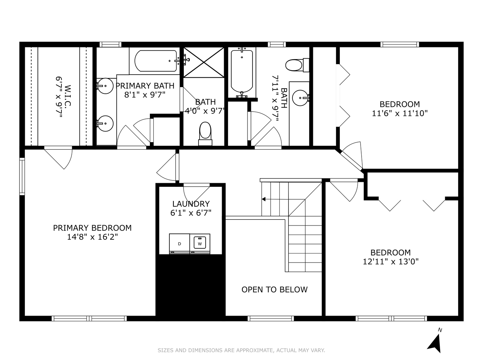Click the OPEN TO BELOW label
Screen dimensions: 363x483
pos(274,289)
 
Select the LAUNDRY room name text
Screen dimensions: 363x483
pos(191,204)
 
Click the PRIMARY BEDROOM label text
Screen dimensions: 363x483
pos(92,228)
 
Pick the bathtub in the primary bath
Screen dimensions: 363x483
pos(156,61)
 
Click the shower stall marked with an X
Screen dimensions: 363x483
pos(204,63)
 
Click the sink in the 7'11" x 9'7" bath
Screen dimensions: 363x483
pos(300,98)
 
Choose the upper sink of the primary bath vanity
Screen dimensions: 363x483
pos(105,86)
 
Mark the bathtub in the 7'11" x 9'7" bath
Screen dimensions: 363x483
pos(242,71)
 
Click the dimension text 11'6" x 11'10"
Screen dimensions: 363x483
pos(399,113)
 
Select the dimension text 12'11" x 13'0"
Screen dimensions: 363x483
pos(390,261)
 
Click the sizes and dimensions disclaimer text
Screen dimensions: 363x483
pos(241,350)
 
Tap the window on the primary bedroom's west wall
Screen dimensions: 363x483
pos(22,176)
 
